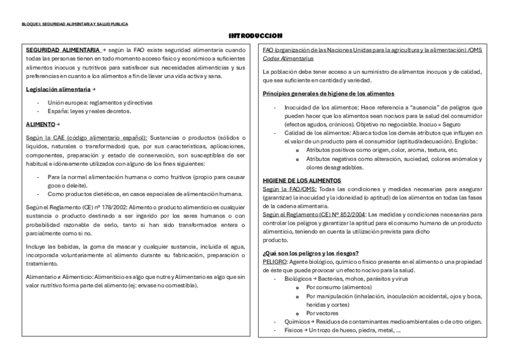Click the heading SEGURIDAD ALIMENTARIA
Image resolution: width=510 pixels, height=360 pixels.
(x=63, y=50)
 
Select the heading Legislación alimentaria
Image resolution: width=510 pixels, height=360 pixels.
(x=58, y=89)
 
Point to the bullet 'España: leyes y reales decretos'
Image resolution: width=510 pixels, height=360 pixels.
(x=89, y=111)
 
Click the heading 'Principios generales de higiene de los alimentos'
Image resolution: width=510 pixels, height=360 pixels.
(x=328, y=93)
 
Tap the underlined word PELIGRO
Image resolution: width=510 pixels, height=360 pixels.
(x=275, y=262)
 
